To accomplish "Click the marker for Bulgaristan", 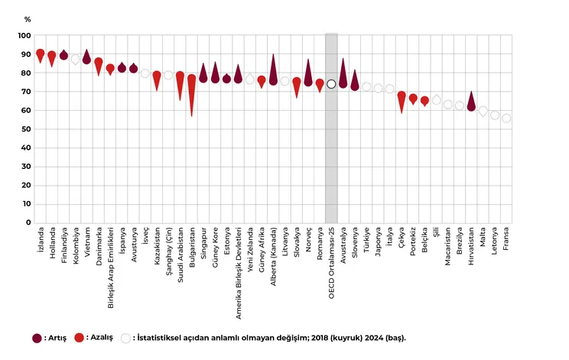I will (192, 79).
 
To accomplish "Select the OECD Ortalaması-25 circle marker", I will (331, 84).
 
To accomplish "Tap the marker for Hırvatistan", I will (471, 106).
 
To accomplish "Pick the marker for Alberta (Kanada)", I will (273, 80).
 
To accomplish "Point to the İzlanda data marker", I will (41, 54).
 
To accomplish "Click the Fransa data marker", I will (506, 118).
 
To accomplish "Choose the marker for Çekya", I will (402, 96).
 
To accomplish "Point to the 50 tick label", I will (26, 129).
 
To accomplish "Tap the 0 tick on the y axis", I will (28, 223).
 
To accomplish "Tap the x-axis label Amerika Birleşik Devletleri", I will (239, 268).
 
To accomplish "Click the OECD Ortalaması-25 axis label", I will (331, 260).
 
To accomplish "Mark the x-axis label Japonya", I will (378, 241).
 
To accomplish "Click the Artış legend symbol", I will (36, 337).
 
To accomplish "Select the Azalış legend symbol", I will (80, 337).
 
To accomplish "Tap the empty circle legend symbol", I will (125, 337).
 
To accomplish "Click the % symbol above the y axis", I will (28, 18).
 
